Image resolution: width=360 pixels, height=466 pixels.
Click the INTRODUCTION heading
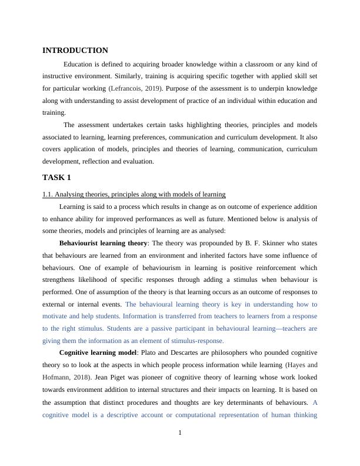(x=75, y=51)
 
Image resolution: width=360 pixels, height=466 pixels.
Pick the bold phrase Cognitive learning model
(x=97, y=352)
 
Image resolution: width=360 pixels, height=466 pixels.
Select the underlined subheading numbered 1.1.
(x=134, y=194)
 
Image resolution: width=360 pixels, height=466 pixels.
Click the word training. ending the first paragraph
(x=54, y=112)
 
